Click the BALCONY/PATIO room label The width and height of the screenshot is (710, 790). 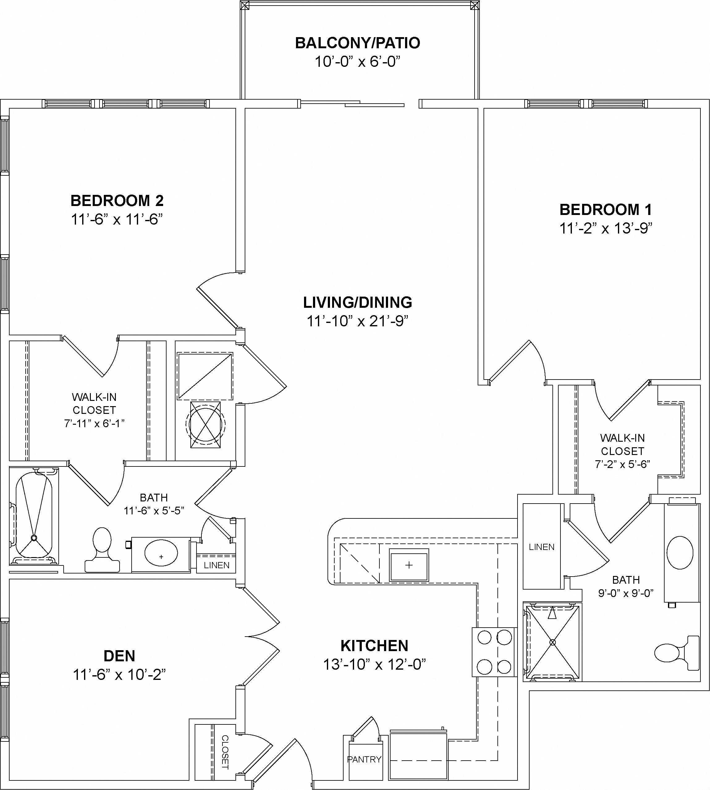coord(357,43)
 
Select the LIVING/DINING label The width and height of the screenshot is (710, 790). coord(357,303)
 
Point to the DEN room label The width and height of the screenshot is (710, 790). coord(119,656)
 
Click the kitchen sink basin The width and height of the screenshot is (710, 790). coord(408,565)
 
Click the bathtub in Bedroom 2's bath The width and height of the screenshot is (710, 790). coord(34,515)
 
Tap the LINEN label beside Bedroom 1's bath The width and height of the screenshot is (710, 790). coord(542,547)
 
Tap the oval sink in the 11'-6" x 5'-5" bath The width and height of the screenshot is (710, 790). coord(161,553)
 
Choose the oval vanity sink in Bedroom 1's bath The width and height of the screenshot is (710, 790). coord(680,552)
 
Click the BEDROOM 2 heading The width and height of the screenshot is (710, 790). coord(117,201)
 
